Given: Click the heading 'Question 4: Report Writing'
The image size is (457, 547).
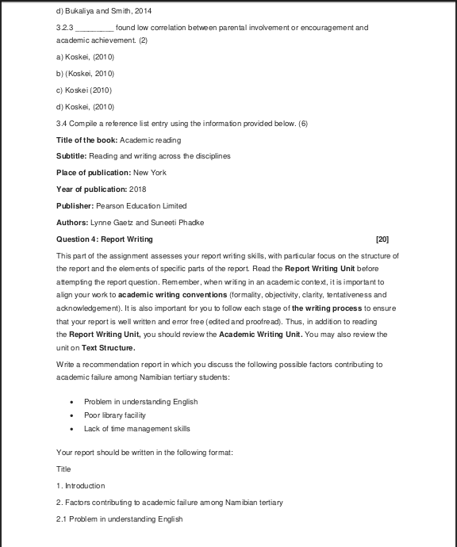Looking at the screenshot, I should click(105, 239).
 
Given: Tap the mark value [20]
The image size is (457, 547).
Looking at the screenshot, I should click(382, 239).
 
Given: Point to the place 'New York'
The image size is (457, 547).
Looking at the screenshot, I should click(150, 173).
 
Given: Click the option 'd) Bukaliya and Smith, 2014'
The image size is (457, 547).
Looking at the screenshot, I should click(104, 10).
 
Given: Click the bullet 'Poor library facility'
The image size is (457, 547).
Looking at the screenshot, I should click(115, 415).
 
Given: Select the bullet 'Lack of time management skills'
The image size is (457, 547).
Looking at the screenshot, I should click(136, 429).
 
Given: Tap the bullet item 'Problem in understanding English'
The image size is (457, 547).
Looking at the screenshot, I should click(140, 401).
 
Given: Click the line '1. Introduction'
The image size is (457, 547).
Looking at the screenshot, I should click(80, 485).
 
